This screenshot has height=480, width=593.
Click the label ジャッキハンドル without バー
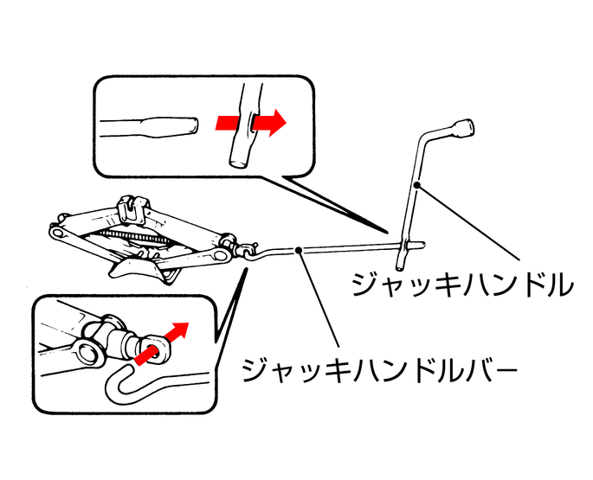462,285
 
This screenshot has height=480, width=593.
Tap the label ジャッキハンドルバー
379,369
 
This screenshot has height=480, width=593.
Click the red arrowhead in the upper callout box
278,123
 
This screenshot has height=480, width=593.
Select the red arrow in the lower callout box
162,343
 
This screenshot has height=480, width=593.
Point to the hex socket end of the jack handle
462,129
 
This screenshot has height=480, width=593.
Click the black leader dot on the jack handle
416,185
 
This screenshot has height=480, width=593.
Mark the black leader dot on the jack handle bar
299,250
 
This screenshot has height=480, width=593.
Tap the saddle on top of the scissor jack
133,210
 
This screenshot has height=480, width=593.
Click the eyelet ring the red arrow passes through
156,348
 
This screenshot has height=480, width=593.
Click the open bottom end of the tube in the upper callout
238,163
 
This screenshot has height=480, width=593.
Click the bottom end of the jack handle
399,269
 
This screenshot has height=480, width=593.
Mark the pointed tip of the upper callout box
387,232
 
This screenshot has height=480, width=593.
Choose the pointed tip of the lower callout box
247,269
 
